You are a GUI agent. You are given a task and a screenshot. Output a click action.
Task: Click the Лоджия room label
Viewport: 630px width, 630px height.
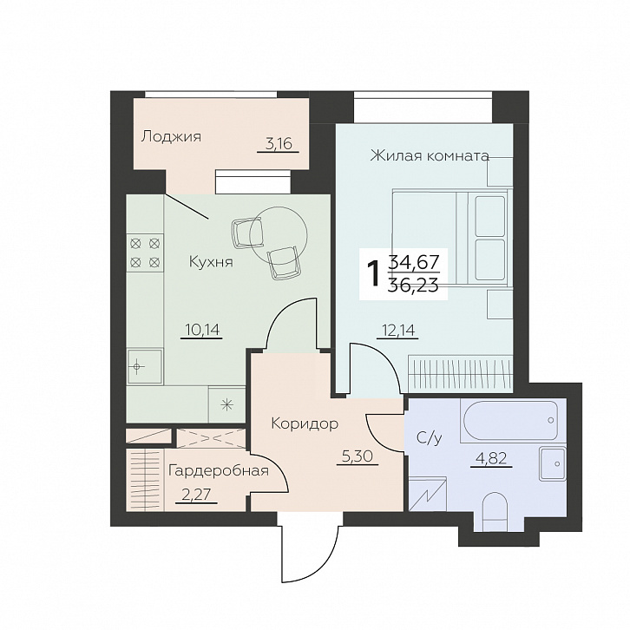171,137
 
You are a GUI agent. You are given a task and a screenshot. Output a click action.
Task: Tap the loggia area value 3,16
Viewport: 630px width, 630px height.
279,143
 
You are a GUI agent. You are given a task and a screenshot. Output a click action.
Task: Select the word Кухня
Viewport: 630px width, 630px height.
211,262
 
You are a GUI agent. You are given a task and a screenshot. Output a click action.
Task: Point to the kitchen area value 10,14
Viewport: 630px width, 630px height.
201,330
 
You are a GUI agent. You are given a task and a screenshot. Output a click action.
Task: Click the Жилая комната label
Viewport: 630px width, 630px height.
430,155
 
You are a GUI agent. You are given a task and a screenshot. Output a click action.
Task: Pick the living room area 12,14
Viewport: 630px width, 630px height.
397,331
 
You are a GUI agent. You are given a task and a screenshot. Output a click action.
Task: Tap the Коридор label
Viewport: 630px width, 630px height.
305,423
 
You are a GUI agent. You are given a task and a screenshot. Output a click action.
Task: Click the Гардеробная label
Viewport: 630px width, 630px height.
219,470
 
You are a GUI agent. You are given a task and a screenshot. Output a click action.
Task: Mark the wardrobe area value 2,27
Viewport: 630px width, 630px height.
196,495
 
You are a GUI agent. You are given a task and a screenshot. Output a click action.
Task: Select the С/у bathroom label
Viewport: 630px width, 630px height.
429,438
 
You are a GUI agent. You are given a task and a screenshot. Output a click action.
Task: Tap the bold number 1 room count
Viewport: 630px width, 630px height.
374,273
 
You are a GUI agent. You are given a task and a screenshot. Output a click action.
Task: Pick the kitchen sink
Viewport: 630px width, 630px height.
145,366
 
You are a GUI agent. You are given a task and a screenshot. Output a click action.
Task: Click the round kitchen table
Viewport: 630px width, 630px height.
278,235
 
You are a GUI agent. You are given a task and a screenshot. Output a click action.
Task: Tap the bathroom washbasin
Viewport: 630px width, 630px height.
553,463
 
